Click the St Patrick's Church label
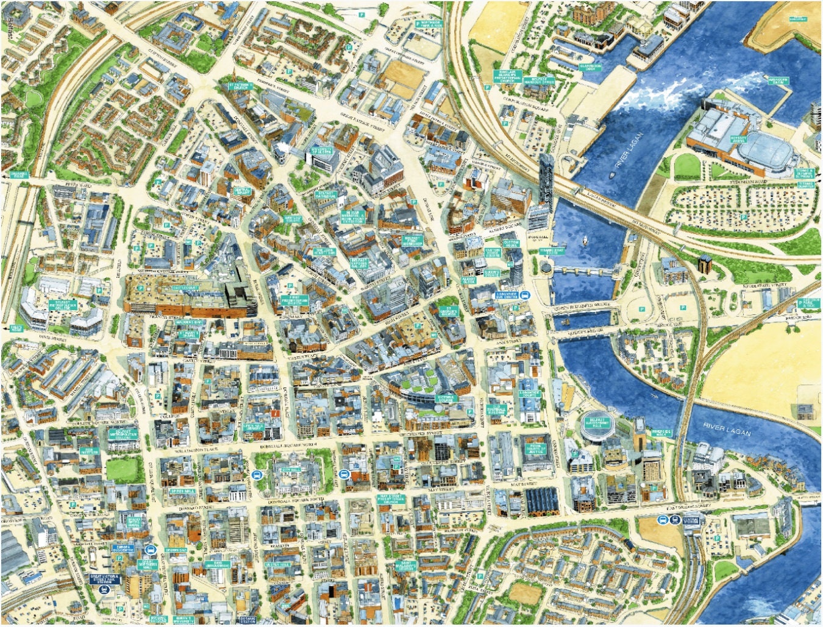tap(239, 85)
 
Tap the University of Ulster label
tap(322, 150)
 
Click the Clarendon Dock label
tap(590, 67)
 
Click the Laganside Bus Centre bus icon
tap(526, 296)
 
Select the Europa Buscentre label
tap(124, 548)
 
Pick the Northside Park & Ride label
tap(430, 24)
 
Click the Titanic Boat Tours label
tap(552, 251)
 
